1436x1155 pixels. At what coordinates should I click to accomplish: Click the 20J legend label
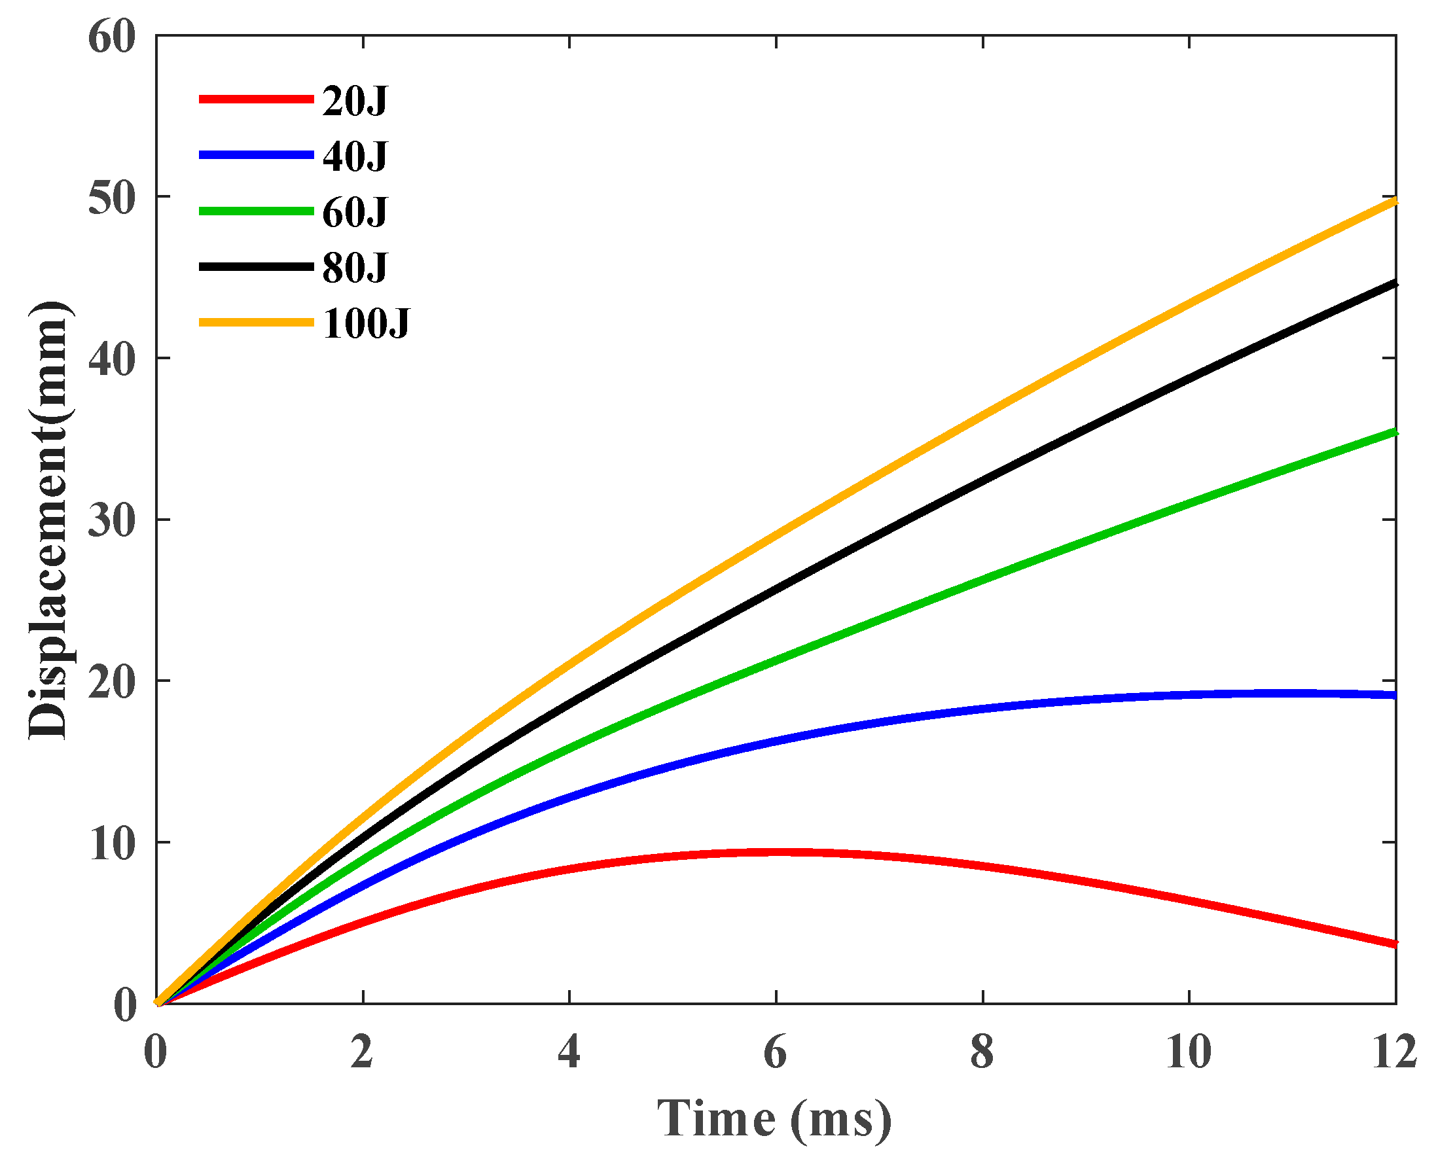pyautogui.click(x=354, y=101)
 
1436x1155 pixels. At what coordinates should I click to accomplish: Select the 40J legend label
pyautogui.click(x=354, y=157)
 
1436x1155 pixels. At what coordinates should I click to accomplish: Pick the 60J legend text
pyautogui.click(x=354, y=213)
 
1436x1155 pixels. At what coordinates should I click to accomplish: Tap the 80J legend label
pyautogui.click(x=354, y=268)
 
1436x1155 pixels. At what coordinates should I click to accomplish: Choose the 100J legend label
pyautogui.click(x=366, y=325)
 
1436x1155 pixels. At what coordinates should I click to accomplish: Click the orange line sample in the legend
pyautogui.click(x=257, y=323)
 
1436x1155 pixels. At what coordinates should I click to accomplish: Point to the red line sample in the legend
pyautogui.click(x=257, y=99)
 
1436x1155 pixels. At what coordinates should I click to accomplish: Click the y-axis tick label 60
pyautogui.click(x=111, y=37)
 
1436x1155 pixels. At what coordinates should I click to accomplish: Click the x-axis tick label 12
pyautogui.click(x=1394, y=1054)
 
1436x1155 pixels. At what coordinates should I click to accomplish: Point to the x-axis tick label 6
pyautogui.click(x=776, y=1054)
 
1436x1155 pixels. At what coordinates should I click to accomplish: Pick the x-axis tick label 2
pyautogui.click(x=363, y=1054)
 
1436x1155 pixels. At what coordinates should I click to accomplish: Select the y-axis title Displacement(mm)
pyautogui.click(x=48, y=520)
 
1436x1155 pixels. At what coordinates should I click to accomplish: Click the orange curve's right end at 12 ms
pyautogui.click(x=1393, y=201)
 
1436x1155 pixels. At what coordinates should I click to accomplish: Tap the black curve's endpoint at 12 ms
pyautogui.click(x=1393, y=284)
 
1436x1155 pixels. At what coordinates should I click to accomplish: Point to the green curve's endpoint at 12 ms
pyautogui.click(x=1393, y=433)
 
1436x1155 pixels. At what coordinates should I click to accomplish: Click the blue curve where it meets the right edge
pyautogui.click(x=1393, y=696)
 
